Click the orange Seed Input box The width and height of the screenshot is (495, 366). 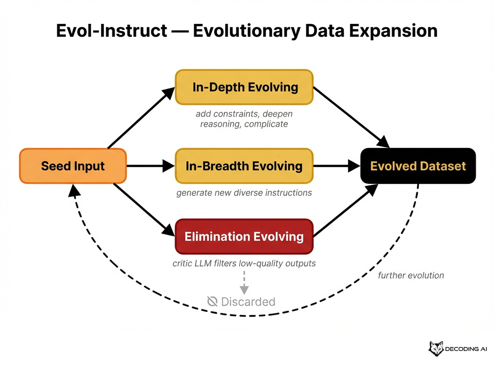click(x=73, y=166)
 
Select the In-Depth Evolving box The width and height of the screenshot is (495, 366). click(x=244, y=87)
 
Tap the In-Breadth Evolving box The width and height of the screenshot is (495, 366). click(x=244, y=166)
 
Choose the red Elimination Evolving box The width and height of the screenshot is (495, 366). click(x=244, y=237)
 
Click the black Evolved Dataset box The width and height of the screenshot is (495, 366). click(x=418, y=166)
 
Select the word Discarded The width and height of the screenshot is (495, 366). click(x=248, y=302)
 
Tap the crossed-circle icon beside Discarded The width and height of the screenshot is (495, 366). click(x=212, y=302)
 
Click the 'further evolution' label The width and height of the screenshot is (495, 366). click(x=411, y=275)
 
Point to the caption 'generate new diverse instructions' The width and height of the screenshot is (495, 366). click(x=244, y=192)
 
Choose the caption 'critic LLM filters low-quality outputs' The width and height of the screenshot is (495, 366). click(x=244, y=263)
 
